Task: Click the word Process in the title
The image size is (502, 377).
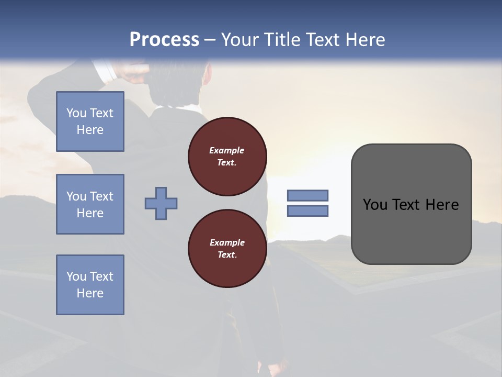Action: pyautogui.click(x=164, y=39)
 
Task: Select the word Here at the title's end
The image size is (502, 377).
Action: pyautogui.click(x=365, y=40)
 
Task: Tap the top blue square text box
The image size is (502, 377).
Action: pyautogui.click(x=90, y=121)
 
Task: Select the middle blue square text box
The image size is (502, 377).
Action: pyautogui.click(x=90, y=204)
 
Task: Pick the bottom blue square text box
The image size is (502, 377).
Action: pyautogui.click(x=90, y=285)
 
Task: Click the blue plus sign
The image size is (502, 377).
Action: pyautogui.click(x=161, y=203)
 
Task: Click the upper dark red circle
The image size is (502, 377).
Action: pyautogui.click(x=227, y=156)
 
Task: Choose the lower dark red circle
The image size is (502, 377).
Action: pyautogui.click(x=227, y=249)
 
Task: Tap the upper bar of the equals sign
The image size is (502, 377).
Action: pyautogui.click(x=308, y=195)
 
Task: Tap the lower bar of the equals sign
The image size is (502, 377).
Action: pyautogui.click(x=308, y=211)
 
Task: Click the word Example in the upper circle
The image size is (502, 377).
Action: pyautogui.click(x=226, y=150)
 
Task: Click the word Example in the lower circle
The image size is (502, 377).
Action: pyautogui.click(x=227, y=242)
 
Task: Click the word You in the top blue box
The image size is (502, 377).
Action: pyautogui.click(x=76, y=113)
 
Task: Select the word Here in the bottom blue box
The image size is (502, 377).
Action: pyautogui.click(x=90, y=293)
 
